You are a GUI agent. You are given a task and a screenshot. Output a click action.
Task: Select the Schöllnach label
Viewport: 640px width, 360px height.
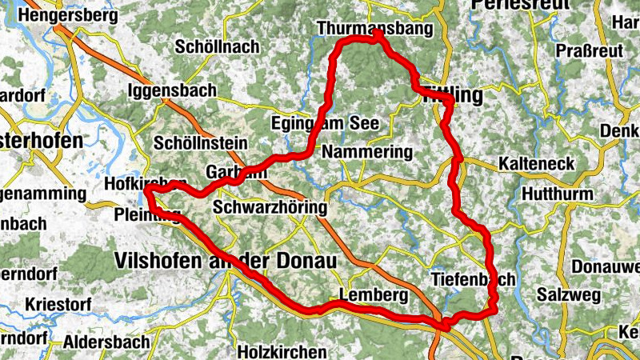click(216, 46)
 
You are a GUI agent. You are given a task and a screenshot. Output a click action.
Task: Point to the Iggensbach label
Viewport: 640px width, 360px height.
click(171, 90)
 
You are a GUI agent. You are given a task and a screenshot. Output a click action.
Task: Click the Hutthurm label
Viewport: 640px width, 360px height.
click(558, 194)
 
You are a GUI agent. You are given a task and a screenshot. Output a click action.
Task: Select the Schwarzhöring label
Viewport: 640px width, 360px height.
click(270, 208)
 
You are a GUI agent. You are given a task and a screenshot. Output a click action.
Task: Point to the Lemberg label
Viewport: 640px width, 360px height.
click(374, 295)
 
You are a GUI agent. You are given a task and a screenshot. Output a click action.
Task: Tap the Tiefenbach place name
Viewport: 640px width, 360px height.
click(473, 279)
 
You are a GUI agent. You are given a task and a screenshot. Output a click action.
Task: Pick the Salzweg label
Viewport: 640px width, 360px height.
click(568, 295)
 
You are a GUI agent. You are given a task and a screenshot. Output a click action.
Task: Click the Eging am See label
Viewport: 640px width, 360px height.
click(325, 124)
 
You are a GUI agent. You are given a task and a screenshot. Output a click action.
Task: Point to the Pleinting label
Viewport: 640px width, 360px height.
click(148, 214)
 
